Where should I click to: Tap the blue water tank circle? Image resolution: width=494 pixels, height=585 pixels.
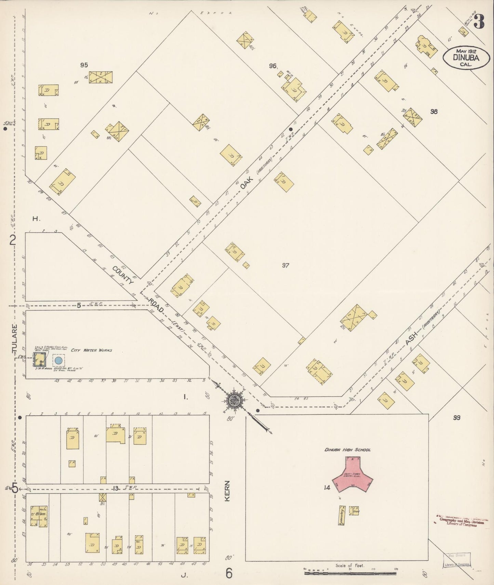point(58,360)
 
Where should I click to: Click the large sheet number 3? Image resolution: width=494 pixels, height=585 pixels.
point(480,23)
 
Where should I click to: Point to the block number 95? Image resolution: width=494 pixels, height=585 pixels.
point(84,65)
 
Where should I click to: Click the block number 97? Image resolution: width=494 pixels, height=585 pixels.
point(285,265)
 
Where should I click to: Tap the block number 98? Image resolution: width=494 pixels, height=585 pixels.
point(434,111)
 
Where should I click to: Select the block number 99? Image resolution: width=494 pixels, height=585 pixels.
point(457,418)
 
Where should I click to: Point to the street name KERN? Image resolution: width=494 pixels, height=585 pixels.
point(228,491)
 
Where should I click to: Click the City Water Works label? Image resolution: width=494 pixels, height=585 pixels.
point(91,350)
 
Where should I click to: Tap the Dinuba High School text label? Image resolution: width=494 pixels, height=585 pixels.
point(347,450)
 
